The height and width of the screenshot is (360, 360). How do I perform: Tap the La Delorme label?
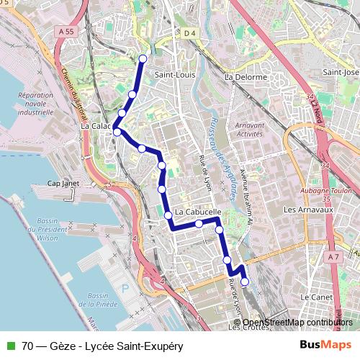click(x=246, y=77)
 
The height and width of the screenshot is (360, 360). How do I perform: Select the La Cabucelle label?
click(x=197, y=213)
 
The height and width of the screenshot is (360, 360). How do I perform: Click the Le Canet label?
click(x=315, y=297)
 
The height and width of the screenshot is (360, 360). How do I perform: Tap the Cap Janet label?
click(x=63, y=184)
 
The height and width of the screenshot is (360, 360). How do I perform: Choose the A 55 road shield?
click(x=67, y=32)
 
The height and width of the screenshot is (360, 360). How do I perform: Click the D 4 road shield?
click(x=189, y=33)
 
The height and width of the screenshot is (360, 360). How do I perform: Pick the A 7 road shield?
click(x=332, y=257)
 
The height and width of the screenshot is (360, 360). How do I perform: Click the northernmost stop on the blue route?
click(x=143, y=58)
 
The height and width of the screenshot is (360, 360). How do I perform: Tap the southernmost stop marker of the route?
click(x=245, y=282)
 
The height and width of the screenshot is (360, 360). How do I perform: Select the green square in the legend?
click(x=10, y=346)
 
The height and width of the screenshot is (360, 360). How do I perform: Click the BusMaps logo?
click(x=325, y=346)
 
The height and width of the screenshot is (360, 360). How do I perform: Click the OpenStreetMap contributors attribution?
click(x=297, y=323)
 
